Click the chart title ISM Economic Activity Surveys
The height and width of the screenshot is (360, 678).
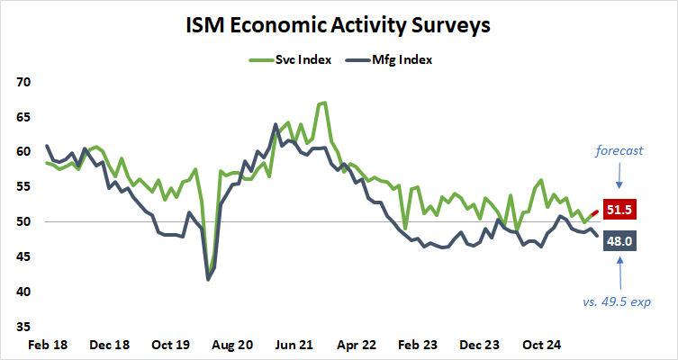point(339,25)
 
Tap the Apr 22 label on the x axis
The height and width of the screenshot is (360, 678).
point(358,345)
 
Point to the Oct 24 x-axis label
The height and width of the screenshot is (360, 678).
point(543,345)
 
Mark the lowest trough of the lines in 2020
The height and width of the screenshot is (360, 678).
point(209,279)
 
